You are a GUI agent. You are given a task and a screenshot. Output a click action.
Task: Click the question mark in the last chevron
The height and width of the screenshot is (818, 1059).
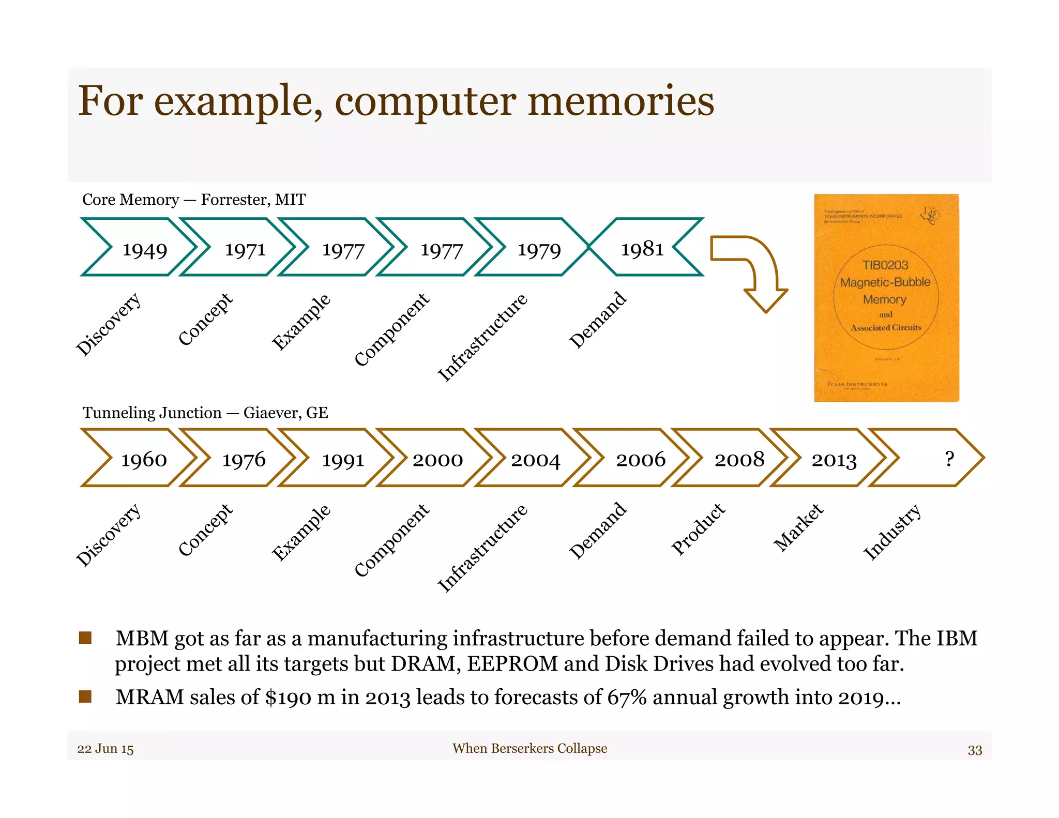pyautogui.click(x=949, y=459)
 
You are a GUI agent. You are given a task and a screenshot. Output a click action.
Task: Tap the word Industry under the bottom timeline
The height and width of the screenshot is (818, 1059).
pyautogui.click(x=892, y=532)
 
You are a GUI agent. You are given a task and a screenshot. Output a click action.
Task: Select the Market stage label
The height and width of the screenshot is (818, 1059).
pyautogui.click(x=798, y=527)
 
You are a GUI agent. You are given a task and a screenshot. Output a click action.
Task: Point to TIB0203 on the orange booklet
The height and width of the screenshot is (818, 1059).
pyautogui.click(x=885, y=265)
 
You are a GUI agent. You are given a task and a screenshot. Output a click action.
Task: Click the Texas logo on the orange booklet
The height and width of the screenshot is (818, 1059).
pyautogui.click(x=930, y=215)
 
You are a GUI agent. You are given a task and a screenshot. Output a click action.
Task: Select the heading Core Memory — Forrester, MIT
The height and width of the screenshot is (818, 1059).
pyautogui.click(x=194, y=200)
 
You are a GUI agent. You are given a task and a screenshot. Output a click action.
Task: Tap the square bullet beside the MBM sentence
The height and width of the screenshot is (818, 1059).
pyautogui.click(x=85, y=638)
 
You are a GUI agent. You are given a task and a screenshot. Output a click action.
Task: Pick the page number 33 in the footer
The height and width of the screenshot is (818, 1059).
pyautogui.click(x=975, y=750)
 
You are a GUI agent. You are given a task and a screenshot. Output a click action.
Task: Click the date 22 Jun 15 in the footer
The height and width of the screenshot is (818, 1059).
pyautogui.click(x=105, y=749)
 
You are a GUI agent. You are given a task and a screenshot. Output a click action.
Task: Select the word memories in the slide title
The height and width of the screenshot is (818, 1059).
pyautogui.click(x=621, y=101)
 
